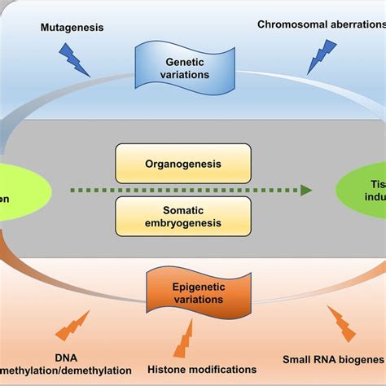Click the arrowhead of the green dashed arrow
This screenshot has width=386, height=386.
pyautogui.click(x=305, y=190)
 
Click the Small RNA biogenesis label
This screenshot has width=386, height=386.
pyautogui.click(x=334, y=358)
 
